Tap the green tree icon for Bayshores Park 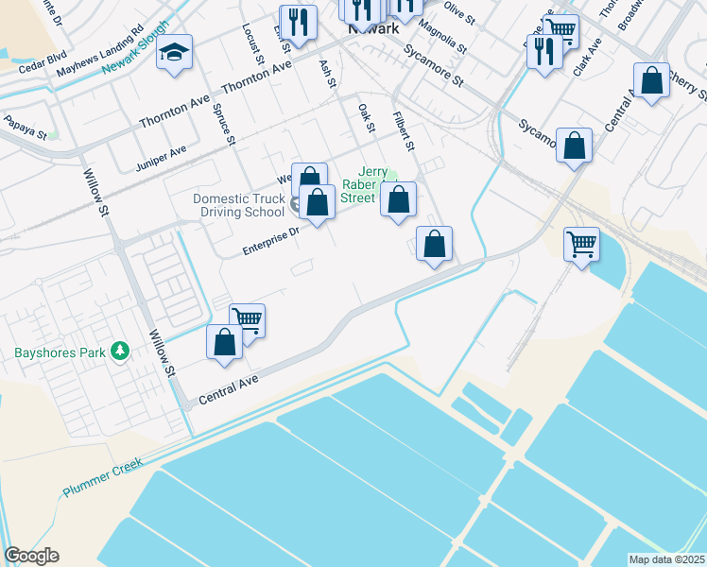coord(119,352)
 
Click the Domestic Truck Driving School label coord(238,205)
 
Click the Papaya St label coord(25,124)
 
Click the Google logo coord(31,556)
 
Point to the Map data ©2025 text coord(667,559)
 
